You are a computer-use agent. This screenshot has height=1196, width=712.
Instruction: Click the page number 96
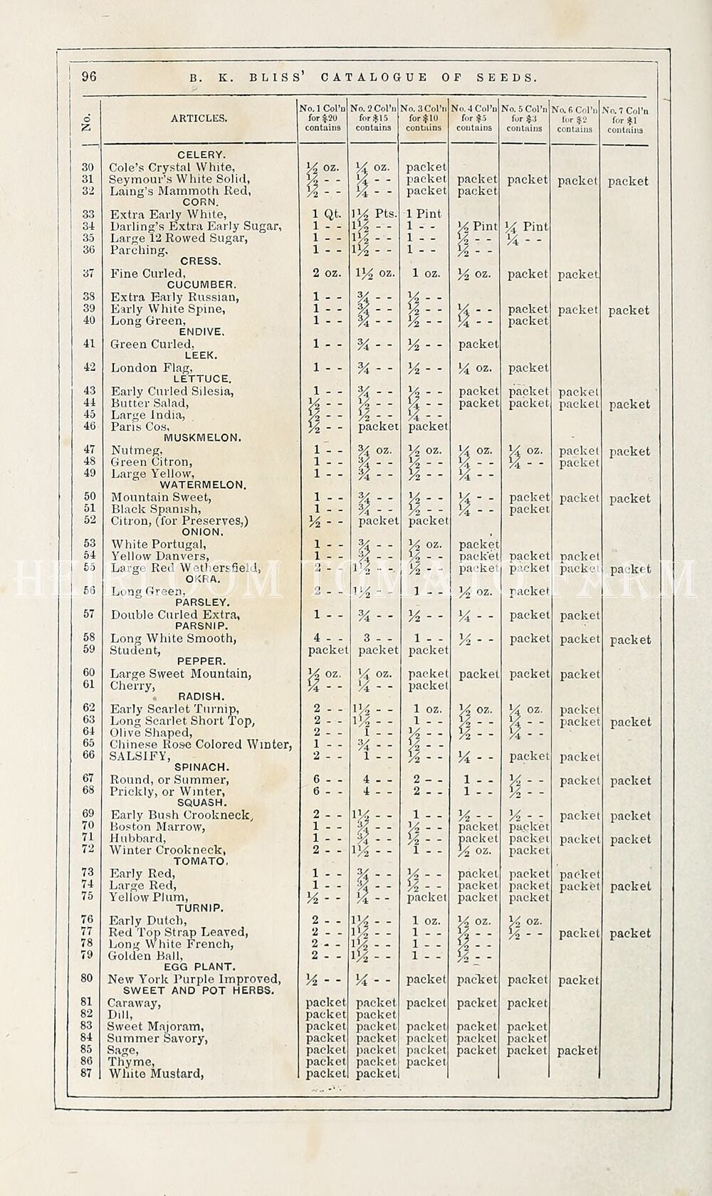[x=89, y=77]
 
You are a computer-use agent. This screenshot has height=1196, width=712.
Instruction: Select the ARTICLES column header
[x=199, y=118]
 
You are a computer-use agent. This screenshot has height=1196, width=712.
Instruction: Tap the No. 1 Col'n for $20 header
[x=323, y=118]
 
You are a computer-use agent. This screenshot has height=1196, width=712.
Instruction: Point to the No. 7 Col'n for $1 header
[x=625, y=120]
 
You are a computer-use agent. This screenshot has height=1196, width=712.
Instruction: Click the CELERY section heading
[x=201, y=154]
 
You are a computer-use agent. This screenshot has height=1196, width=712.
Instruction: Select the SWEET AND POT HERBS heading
[x=198, y=990]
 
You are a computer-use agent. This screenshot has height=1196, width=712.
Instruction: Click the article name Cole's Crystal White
[x=172, y=167]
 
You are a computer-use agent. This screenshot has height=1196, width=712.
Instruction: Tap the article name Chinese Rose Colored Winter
[x=201, y=745]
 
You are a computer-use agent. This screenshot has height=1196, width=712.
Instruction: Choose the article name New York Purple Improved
[x=194, y=979]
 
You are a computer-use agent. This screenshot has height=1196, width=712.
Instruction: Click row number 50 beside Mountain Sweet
[x=89, y=497]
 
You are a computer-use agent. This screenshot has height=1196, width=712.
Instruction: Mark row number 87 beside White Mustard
[x=86, y=1073]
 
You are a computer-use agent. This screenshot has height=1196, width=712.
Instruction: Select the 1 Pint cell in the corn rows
[x=424, y=214]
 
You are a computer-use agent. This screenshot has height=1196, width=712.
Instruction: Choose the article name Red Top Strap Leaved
[x=178, y=932]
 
